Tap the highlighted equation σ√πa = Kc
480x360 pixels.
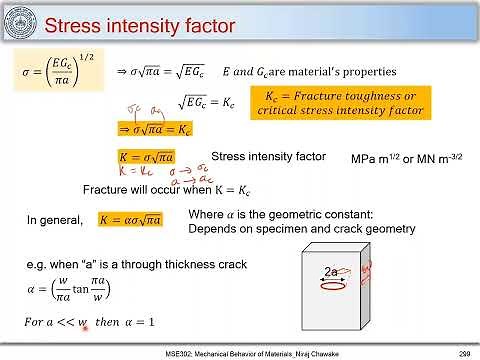point(155,130)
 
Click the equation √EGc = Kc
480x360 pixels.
point(208,101)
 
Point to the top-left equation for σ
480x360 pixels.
point(58,72)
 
